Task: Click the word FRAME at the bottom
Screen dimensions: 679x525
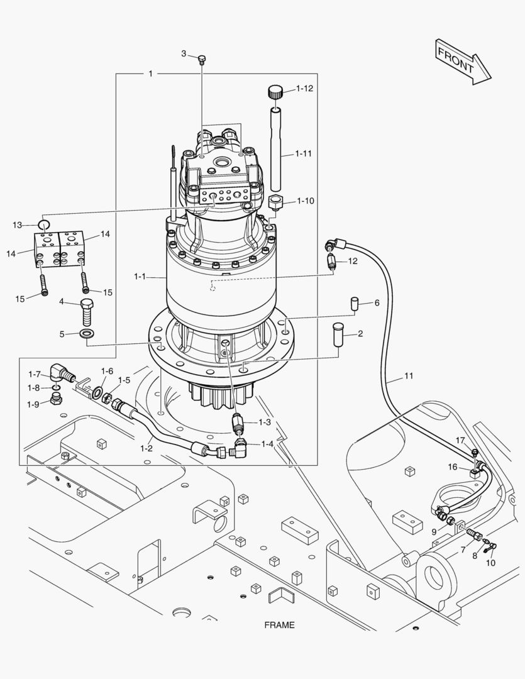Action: point(279,625)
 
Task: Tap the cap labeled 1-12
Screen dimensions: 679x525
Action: point(275,92)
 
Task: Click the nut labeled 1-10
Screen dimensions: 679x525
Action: point(275,203)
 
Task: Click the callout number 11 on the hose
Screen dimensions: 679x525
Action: point(409,377)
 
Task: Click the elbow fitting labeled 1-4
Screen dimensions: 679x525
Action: point(241,448)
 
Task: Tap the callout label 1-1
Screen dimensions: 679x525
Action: point(140,276)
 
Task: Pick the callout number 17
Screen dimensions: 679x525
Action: point(460,440)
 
